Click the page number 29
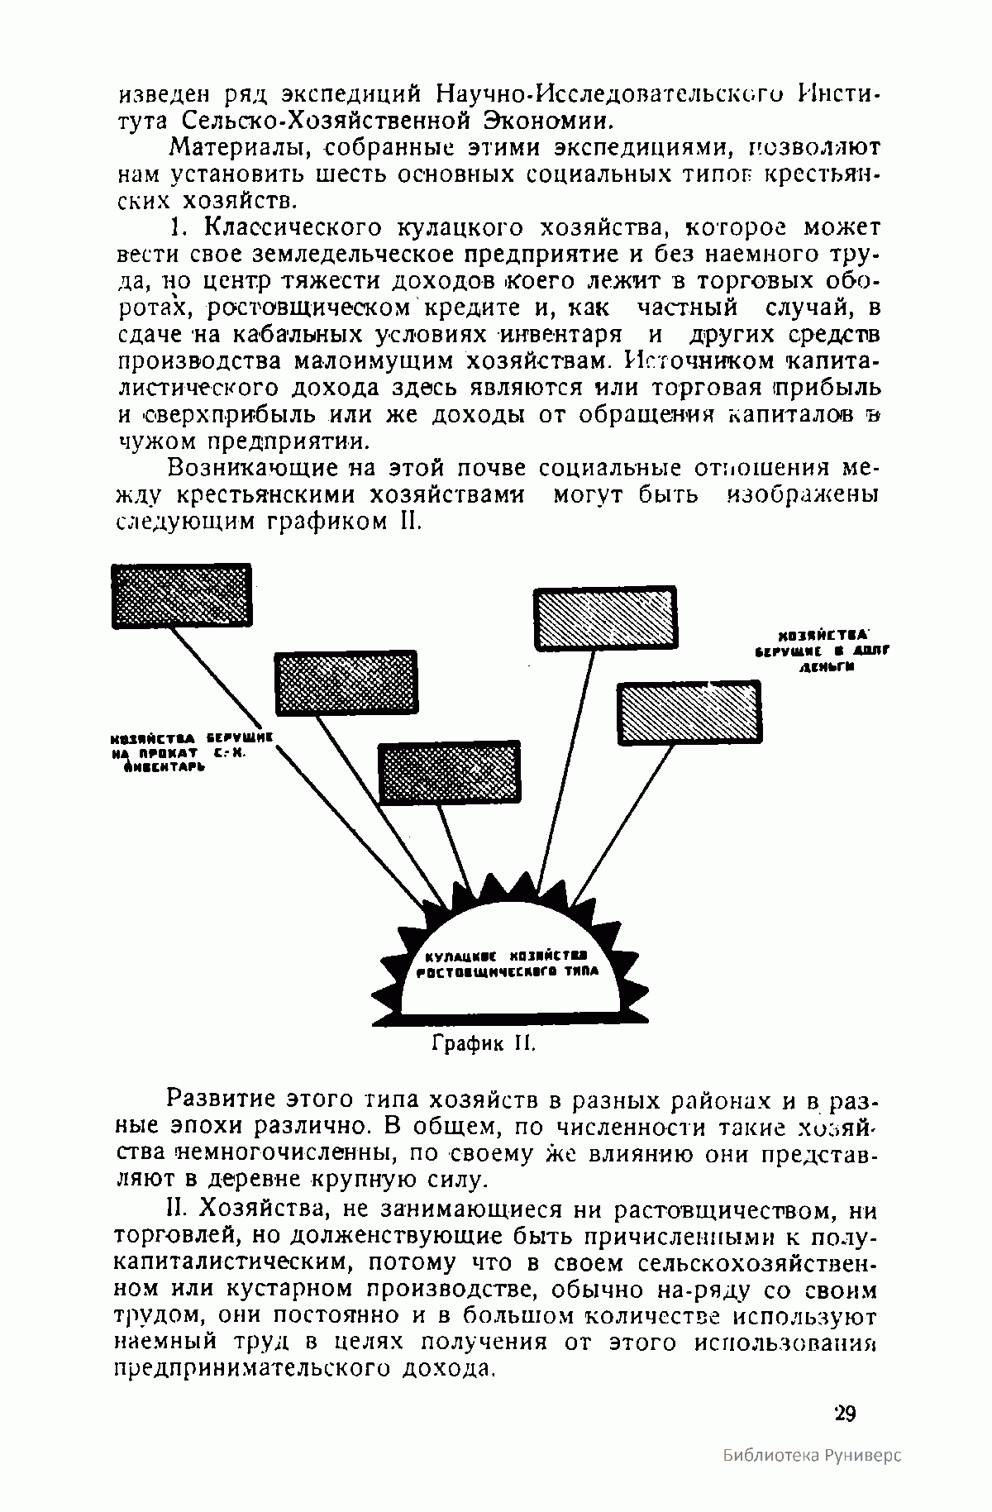click(845, 1413)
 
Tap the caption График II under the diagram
click(484, 1043)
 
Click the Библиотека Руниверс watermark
click(811, 1477)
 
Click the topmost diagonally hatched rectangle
click(605, 618)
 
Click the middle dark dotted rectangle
click(345, 684)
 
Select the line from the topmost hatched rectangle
click(568, 769)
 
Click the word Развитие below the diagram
click(221, 1100)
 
